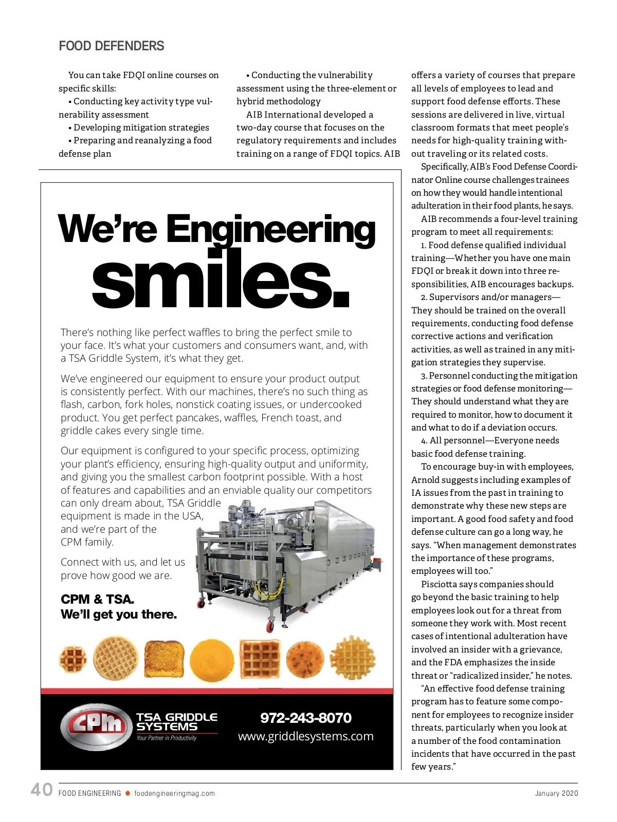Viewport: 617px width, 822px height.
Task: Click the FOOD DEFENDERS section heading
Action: click(x=112, y=46)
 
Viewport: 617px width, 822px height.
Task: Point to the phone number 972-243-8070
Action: click(x=306, y=718)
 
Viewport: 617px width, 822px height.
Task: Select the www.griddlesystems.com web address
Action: click(x=306, y=736)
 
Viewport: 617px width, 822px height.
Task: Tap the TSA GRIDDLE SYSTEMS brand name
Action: click(x=176, y=722)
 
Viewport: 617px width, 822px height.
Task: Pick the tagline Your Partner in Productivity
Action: click(x=167, y=738)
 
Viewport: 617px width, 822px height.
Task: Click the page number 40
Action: click(x=42, y=790)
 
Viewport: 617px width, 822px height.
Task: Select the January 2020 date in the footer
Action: click(x=556, y=793)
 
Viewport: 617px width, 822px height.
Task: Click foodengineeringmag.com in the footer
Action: click(x=174, y=793)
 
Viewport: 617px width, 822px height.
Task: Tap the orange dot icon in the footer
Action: click(x=128, y=793)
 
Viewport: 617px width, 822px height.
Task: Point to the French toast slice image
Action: click(x=164, y=659)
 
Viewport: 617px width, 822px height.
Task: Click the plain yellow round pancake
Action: click(x=211, y=659)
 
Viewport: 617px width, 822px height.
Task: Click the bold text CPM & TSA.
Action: click(x=97, y=599)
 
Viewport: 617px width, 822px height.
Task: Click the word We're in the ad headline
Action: click(x=107, y=230)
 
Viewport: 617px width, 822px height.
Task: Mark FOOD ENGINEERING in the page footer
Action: click(x=89, y=793)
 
